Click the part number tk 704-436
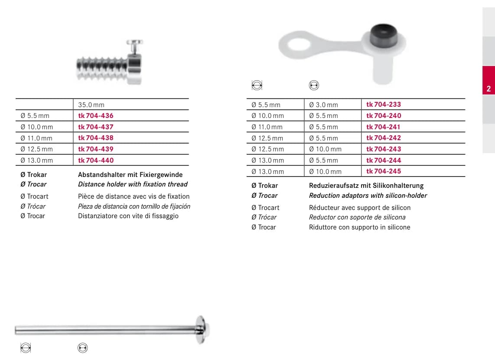point(96,115)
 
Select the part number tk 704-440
point(96,160)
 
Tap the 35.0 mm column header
point(91,105)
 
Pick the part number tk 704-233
point(384,104)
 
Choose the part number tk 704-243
point(384,149)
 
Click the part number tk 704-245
point(384,171)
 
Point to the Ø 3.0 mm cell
point(323,105)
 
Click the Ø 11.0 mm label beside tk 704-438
point(36,138)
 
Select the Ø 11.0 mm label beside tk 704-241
point(267,127)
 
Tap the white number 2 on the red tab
point(488,89)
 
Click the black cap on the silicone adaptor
point(383,35)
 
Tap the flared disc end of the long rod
point(202,329)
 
